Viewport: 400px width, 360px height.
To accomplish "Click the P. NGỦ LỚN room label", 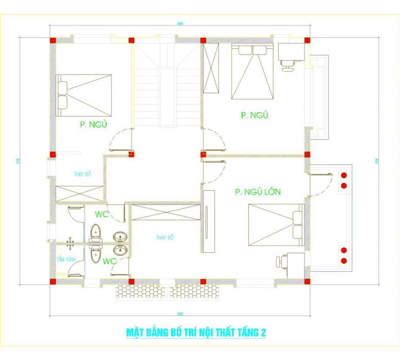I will click(258, 192).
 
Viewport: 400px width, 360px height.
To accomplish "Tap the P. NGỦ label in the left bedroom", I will click(93, 125).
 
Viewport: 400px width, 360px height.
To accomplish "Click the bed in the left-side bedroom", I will click(84, 95).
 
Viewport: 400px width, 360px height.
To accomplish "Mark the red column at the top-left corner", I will click(53, 40).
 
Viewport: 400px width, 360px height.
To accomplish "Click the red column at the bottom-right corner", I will click(308, 282).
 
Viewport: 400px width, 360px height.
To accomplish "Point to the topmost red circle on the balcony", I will click(344, 175).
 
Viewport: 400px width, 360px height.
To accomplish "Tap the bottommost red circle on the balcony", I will click(344, 261).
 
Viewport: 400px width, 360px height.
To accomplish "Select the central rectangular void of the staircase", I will click(167, 97).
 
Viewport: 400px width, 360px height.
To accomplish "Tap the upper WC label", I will click(102, 214).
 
